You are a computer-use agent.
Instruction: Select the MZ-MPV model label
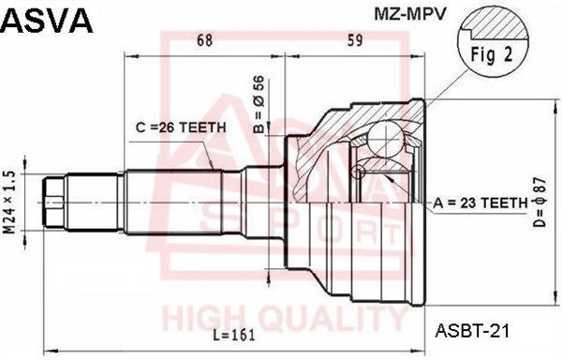(x=410, y=14)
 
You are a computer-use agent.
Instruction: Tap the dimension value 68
(x=205, y=40)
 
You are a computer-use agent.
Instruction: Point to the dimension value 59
(x=354, y=40)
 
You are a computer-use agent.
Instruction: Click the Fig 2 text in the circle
(x=492, y=54)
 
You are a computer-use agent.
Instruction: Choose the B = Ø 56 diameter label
(x=259, y=104)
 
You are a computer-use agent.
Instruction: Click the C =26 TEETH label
(x=181, y=127)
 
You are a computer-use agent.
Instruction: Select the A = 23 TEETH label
(x=481, y=203)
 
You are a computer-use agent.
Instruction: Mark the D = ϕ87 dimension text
(x=540, y=202)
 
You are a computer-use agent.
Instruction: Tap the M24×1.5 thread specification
(x=9, y=202)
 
